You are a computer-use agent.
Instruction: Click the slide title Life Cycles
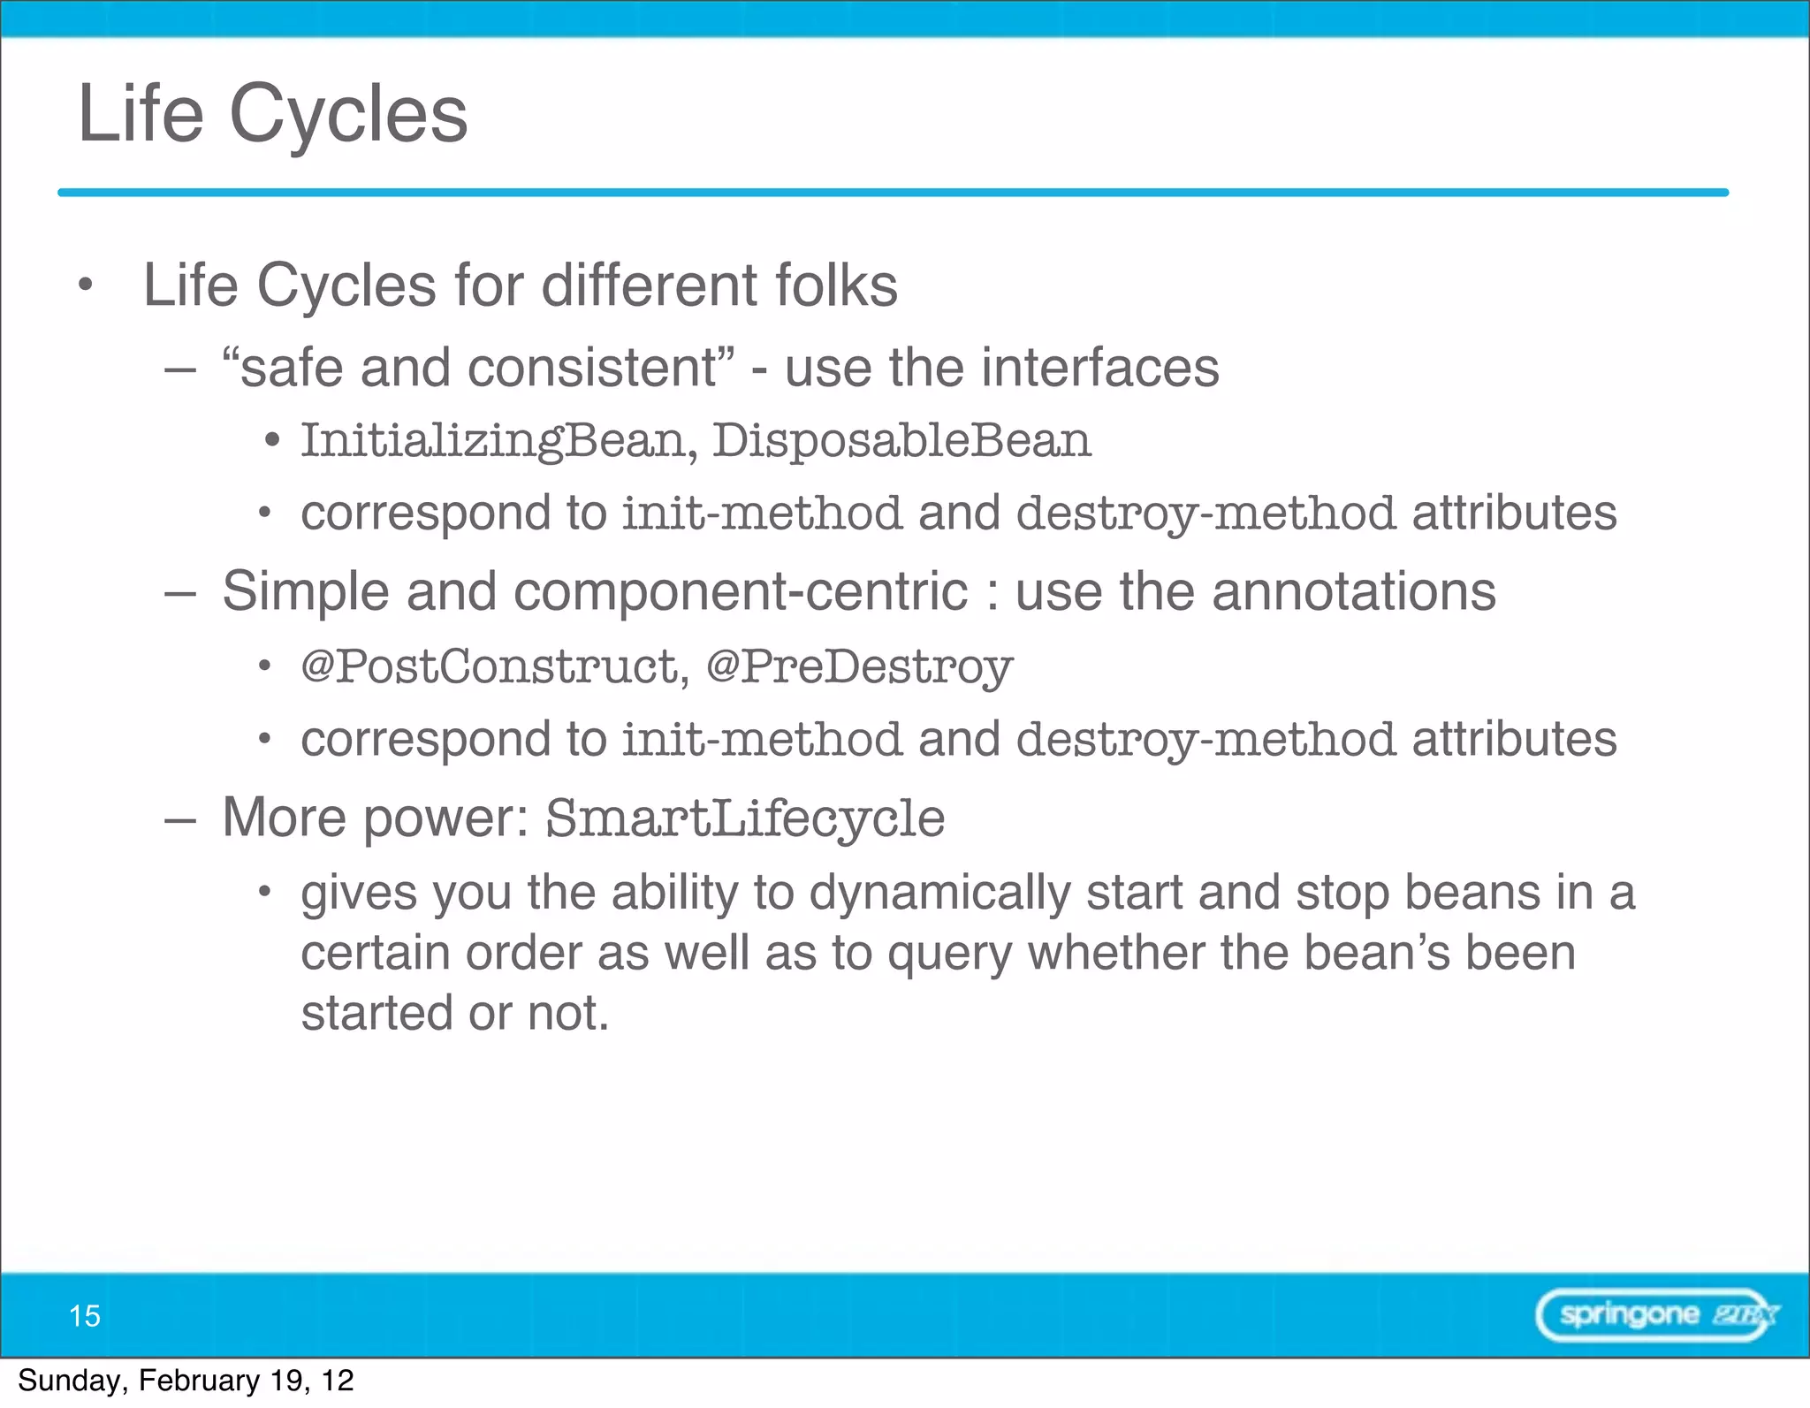click(272, 114)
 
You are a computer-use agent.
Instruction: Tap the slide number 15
click(85, 1316)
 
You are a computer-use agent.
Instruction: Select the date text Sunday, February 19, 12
click(186, 1381)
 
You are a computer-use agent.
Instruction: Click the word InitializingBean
click(492, 440)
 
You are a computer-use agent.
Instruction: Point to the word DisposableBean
click(901, 440)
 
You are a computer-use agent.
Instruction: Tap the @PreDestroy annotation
click(859, 666)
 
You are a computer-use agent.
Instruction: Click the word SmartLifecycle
click(745, 818)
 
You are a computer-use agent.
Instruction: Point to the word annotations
click(1354, 590)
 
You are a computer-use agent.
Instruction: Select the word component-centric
click(741, 591)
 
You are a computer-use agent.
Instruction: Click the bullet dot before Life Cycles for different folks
click(85, 285)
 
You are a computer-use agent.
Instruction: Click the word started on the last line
click(376, 1013)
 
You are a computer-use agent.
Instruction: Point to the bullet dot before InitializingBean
click(272, 439)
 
